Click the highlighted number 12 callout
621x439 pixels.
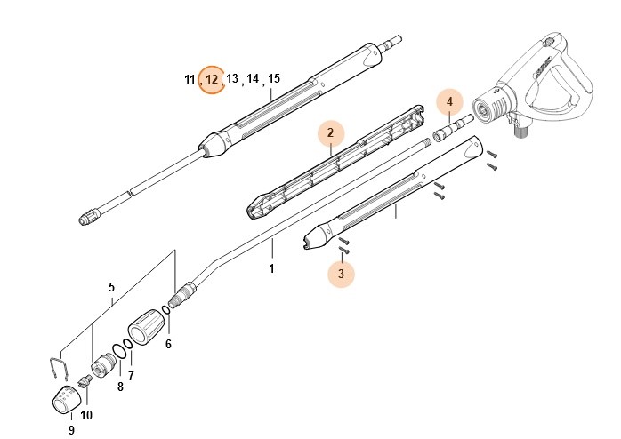pyautogui.click(x=212, y=80)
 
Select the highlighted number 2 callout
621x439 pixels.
pyautogui.click(x=330, y=133)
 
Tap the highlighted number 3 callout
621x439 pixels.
pyautogui.click(x=340, y=275)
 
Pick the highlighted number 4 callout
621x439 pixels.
pyautogui.click(x=449, y=102)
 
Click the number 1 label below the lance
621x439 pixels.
pyautogui.click(x=272, y=267)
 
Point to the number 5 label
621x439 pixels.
pyautogui.click(x=111, y=287)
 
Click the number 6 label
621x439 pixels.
pyautogui.click(x=168, y=344)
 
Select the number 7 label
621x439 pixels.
pyautogui.click(x=131, y=376)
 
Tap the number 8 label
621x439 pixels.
pyautogui.click(x=120, y=387)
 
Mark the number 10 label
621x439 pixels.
pyautogui.click(x=86, y=414)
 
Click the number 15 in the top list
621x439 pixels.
pyautogui.click(x=274, y=79)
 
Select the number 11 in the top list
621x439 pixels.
pyautogui.click(x=190, y=80)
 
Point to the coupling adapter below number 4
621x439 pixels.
pyautogui.click(x=452, y=132)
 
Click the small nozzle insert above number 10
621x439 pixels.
pyautogui.click(x=85, y=381)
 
